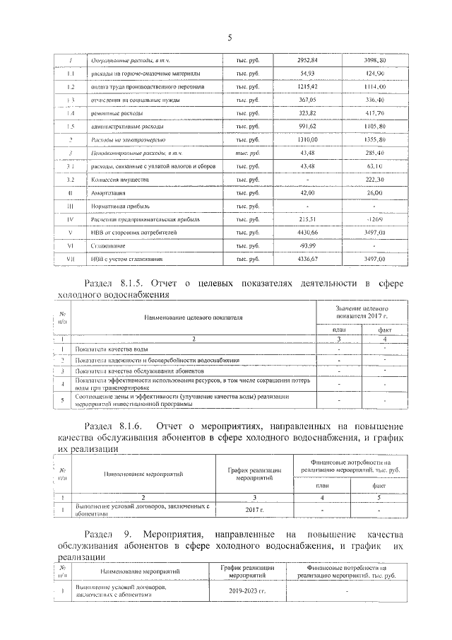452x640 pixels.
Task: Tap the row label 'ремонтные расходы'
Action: click(x=114, y=113)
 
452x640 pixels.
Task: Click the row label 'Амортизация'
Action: click(x=106, y=193)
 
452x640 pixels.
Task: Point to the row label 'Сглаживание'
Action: click(x=105, y=246)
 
